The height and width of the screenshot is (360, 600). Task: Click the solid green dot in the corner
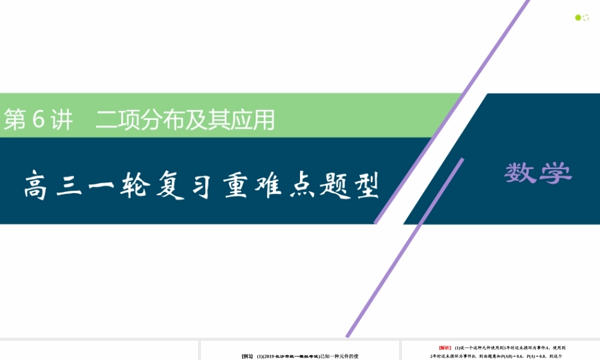[578, 17]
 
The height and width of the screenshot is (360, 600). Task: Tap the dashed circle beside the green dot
[586, 17]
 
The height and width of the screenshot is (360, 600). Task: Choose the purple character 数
[521, 173]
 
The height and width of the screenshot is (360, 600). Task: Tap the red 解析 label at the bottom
[445, 347]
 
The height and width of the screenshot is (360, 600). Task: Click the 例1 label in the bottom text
[247, 356]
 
